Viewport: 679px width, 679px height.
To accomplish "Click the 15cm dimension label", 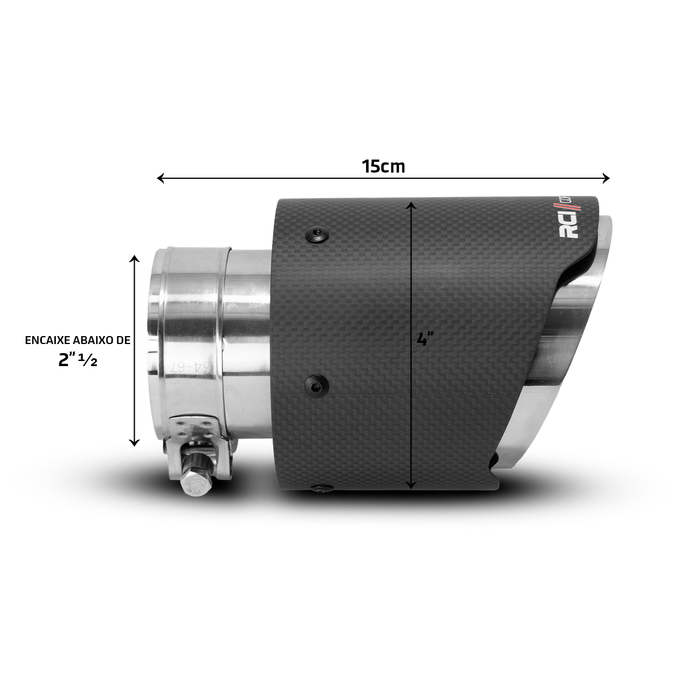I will [383, 166].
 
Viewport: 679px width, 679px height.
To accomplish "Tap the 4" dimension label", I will [424, 339].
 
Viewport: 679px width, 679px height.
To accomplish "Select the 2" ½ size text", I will [78, 360].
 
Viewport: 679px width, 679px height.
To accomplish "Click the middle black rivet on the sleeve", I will [316, 385].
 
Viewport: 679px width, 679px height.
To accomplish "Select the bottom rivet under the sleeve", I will [321, 488].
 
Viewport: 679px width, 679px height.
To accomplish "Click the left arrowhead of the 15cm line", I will [160, 179].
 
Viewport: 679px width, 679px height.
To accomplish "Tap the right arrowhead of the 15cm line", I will [607, 179].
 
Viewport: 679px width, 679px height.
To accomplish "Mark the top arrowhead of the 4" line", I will [412, 202].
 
